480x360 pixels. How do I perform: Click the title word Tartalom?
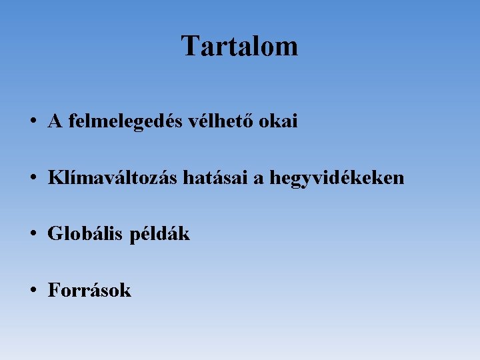pyautogui.click(x=239, y=46)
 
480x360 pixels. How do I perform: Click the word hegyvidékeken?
pyautogui.click(x=337, y=179)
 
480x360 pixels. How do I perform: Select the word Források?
pyautogui.click(x=89, y=291)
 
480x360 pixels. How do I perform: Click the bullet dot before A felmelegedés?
pyautogui.click(x=32, y=122)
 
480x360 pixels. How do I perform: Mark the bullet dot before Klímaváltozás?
pyautogui.click(x=32, y=179)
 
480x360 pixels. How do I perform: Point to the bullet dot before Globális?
pyautogui.click(x=32, y=235)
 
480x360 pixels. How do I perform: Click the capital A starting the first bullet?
pyautogui.click(x=55, y=121)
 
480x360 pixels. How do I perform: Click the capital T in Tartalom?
pyautogui.click(x=189, y=46)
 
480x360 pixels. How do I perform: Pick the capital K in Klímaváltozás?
pyautogui.click(x=55, y=178)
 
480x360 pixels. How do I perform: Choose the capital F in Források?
pyautogui.click(x=53, y=291)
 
